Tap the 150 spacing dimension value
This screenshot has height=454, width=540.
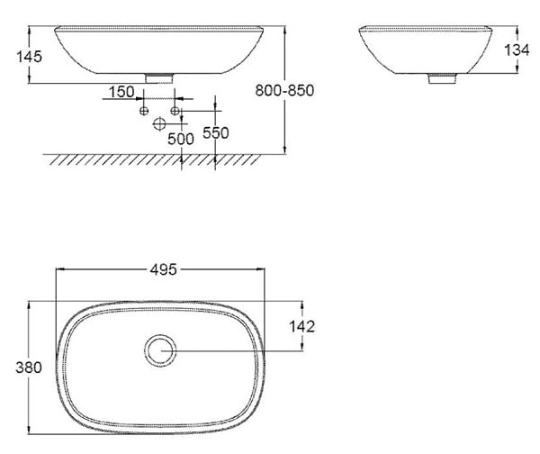[121, 92]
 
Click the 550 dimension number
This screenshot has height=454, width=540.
[216, 132]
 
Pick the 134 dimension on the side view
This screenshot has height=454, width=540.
[517, 50]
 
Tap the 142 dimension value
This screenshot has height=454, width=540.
[301, 327]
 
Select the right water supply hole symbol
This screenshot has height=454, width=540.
[176, 111]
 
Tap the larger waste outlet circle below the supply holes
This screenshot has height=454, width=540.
[160, 123]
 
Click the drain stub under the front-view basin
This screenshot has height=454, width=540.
[158, 78]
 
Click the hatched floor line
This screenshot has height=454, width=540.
[135, 159]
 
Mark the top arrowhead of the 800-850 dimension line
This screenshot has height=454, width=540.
[285, 30]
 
